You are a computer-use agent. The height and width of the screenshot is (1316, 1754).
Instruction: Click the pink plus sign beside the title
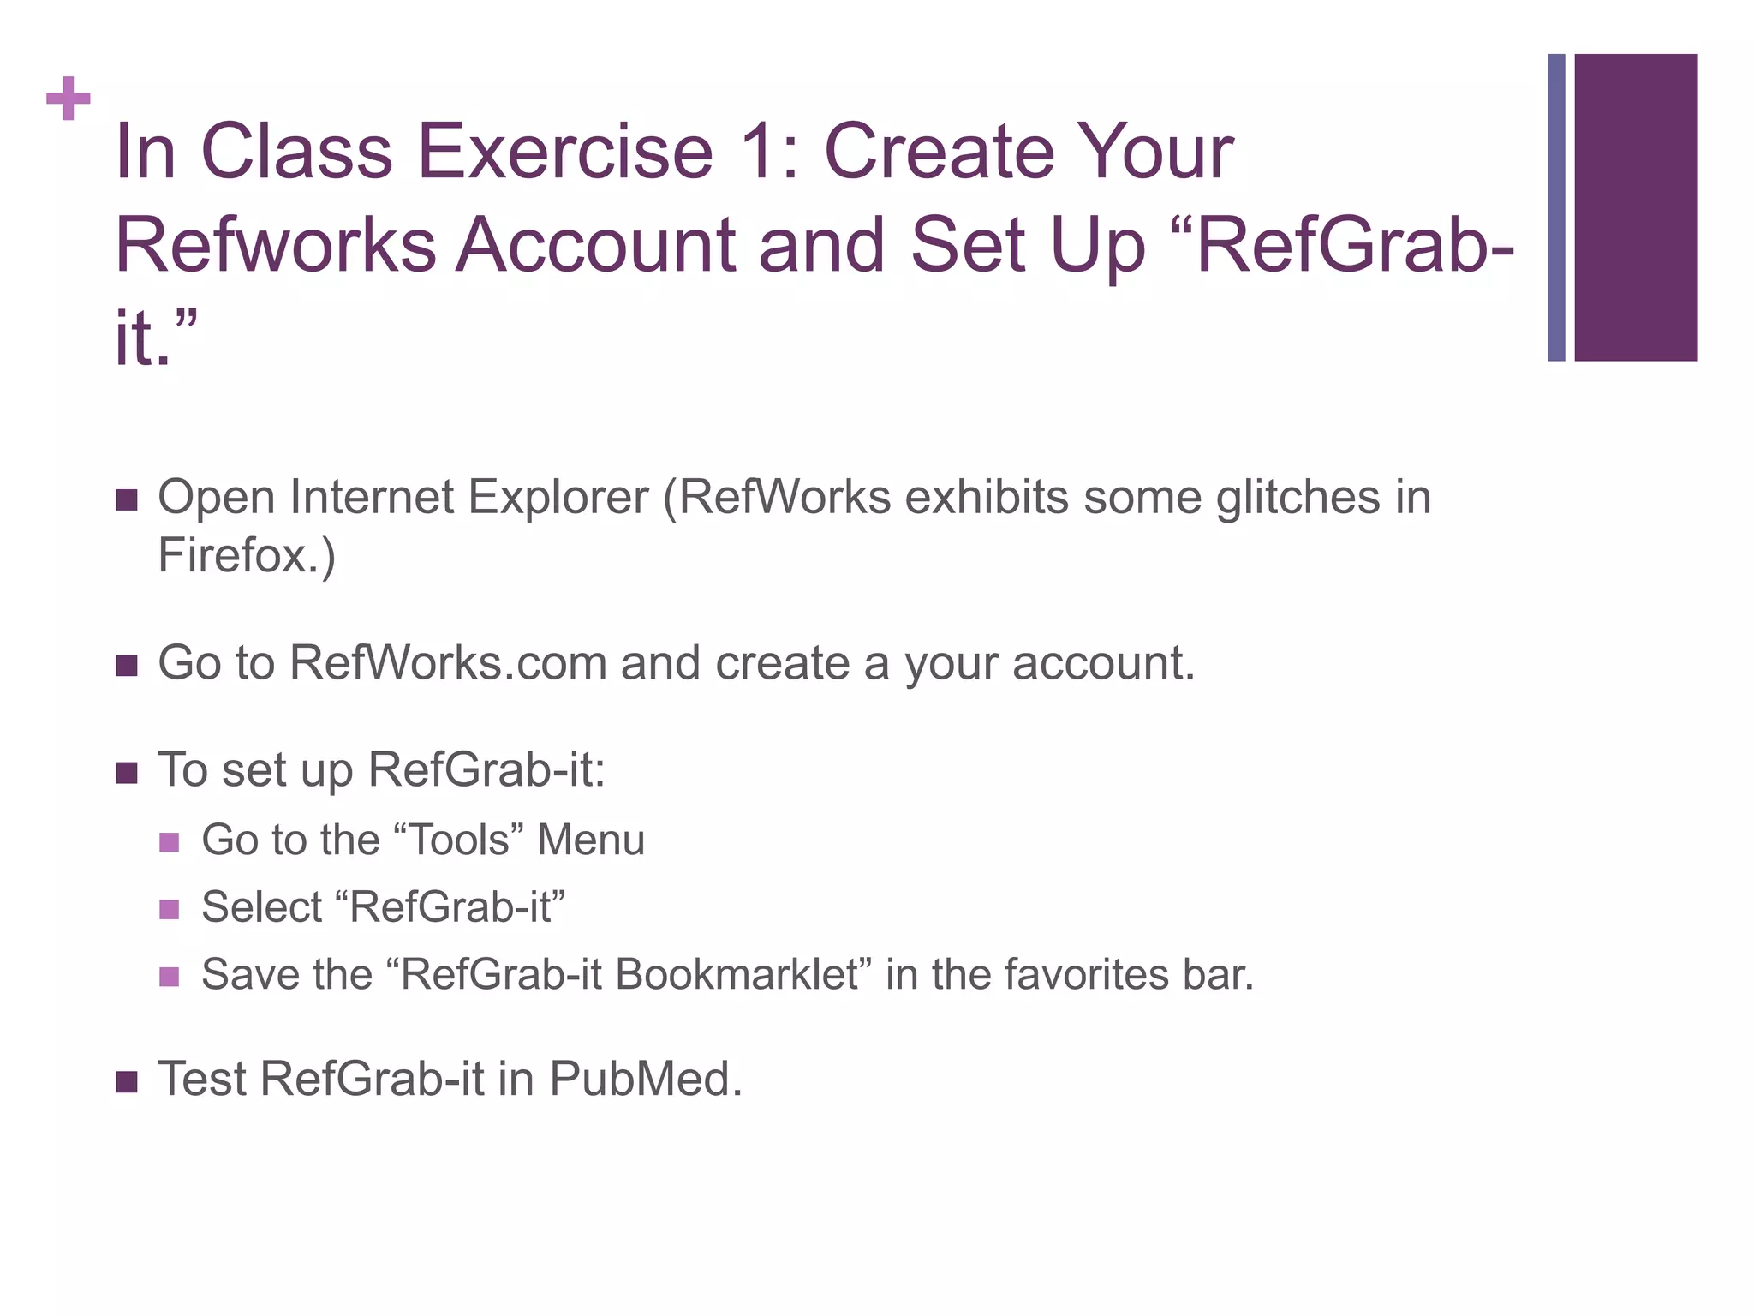(69, 99)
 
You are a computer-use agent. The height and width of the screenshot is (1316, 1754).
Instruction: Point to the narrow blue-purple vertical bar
(1556, 207)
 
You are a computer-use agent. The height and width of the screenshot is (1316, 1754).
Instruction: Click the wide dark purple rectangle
(1636, 207)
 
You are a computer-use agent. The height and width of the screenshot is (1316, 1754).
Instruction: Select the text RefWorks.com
(448, 663)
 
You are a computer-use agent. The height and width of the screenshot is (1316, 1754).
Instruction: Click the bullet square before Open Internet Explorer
(127, 500)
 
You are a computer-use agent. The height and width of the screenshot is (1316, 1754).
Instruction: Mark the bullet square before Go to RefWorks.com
(127, 666)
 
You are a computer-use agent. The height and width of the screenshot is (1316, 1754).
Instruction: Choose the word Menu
(591, 840)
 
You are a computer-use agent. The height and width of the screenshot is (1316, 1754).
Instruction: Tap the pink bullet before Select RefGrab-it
(170, 909)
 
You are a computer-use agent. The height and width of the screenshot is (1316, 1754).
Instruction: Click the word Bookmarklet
(737, 975)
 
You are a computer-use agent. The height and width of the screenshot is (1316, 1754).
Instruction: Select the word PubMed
(645, 1079)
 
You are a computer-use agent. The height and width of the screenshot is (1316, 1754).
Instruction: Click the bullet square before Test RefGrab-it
(127, 1081)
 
